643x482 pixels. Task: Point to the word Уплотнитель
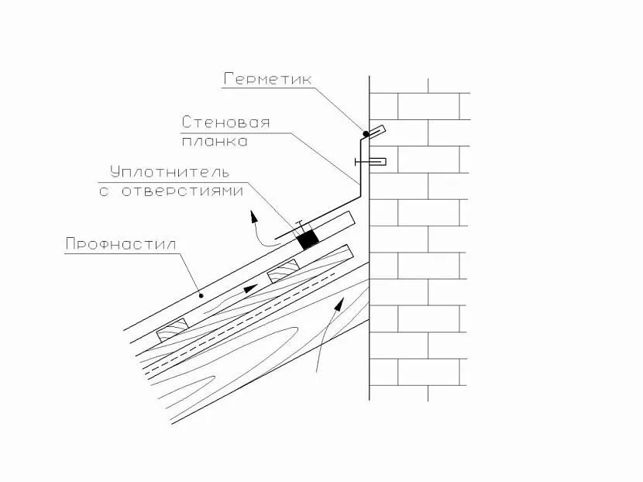pos(170,171)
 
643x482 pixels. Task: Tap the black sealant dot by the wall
pos(366,134)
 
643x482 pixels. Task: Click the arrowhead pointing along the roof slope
pos(249,288)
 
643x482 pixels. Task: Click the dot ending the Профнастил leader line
pos(201,294)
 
